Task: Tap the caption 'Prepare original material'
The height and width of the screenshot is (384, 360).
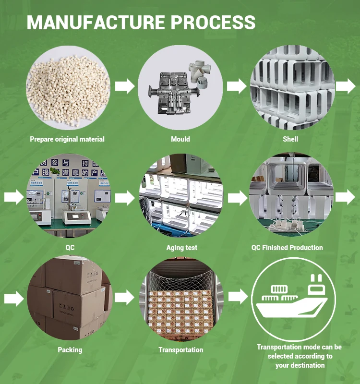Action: [x=67, y=139]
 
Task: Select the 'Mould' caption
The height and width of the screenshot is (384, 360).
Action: [x=180, y=139]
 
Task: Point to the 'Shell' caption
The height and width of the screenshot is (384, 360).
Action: [x=290, y=139]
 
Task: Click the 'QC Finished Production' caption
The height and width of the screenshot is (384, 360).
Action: [x=287, y=248]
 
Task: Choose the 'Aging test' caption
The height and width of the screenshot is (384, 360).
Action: [x=182, y=248]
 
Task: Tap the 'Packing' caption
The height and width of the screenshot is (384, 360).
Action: [x=70, y=350]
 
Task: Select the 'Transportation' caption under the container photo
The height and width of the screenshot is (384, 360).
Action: [x=180, y=350]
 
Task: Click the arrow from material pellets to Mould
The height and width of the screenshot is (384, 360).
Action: [x=125, y=87]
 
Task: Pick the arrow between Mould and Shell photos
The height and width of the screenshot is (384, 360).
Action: [x=236, y=87]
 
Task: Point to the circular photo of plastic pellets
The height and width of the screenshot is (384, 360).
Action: [x=68, y=87]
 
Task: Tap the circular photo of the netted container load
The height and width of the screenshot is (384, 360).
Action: [x=181, y=298]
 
